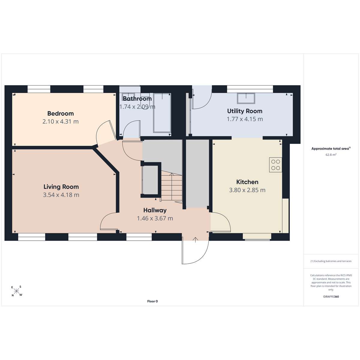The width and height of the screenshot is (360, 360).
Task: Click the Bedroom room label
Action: [x=60, y=113]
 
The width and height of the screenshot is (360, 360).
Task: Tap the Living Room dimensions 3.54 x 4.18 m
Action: [x=61, y=195]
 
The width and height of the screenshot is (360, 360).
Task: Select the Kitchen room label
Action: [x=247, y=182]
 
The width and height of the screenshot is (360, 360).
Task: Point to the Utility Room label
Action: [x=244, y=111]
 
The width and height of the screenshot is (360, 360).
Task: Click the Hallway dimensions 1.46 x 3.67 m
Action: [x=155, y=218]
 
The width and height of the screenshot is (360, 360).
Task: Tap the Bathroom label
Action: [x=137, y=98]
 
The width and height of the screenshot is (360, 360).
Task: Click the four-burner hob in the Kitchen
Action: [x=275, y=165]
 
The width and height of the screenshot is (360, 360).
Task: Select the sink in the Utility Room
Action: [x=246, y=98]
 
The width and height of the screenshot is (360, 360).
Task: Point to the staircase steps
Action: [x=172, y=187]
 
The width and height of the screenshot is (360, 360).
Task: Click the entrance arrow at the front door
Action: [x=195, y=240]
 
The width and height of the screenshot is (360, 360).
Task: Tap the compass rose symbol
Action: [x=17, y=291]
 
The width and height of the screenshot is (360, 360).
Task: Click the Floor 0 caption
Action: [x=152, y=301]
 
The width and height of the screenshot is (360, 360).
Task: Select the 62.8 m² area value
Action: [x=331, y=155]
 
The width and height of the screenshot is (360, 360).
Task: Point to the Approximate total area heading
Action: [x=331, y=149]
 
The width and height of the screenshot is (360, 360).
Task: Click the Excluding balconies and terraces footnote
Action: [x=331, y=261]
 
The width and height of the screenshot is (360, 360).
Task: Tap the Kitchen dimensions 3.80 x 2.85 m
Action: [x=247, y=190]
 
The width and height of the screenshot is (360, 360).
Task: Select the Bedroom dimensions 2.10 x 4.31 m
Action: [x=60, y=121]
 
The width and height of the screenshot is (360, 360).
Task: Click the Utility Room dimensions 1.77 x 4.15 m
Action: [x=245, y=119]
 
